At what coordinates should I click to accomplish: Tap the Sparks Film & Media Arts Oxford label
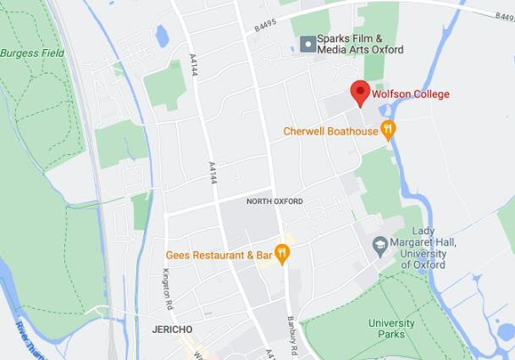[360, 44]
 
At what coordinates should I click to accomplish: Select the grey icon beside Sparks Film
[307, 44]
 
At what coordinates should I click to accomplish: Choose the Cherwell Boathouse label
[330, 131]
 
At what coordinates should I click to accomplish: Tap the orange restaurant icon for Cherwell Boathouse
[388, 130]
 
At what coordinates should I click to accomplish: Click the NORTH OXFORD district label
[274, 202]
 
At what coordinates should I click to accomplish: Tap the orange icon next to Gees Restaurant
[282, 253]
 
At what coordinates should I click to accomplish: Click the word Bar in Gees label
[263, 254]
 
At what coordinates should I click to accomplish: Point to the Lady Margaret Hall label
[429, 247]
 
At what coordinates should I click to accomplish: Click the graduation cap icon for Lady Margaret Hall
[381, 245]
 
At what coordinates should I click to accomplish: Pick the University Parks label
[391, 329]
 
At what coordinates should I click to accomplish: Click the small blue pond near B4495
[162, 35]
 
